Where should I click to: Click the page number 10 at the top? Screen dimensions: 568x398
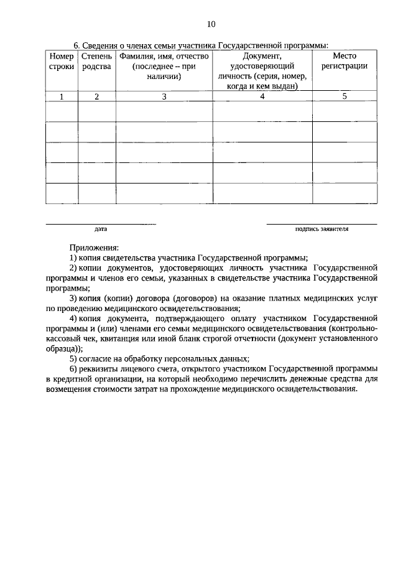[210, 24]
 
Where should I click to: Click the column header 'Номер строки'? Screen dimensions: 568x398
[61, 62]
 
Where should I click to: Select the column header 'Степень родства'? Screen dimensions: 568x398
[96, 62]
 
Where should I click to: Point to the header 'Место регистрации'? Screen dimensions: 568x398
[345, 61]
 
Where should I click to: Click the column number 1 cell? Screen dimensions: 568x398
[61, 96]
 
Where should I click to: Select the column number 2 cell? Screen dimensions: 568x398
[96, 96]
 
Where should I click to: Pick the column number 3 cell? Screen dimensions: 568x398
[164, 96]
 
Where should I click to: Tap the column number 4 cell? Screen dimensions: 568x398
[262, 96]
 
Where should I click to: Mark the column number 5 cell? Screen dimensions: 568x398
[345, 96]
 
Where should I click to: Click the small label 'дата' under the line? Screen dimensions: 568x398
[101, 229]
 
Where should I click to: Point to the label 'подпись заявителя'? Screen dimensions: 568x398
[322, 229]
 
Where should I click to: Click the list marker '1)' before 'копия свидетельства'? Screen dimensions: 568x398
[73, 258]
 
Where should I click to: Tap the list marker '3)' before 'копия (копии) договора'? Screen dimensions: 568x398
[73, 298]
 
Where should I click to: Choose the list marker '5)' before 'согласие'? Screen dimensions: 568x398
[73, 358]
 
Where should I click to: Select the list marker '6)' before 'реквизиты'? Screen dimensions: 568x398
[73, 368]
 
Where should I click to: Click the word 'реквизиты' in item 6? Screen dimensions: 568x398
[99, 368]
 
